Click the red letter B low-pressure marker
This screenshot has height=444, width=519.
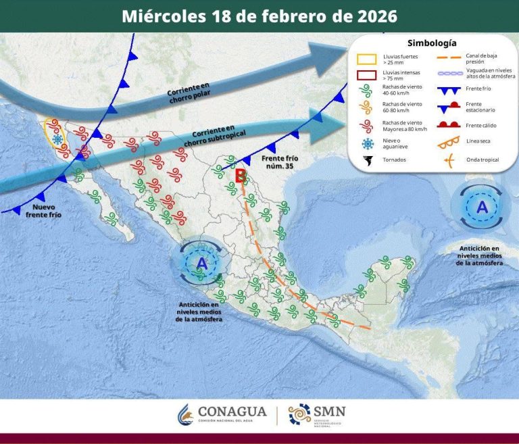pos(239,176)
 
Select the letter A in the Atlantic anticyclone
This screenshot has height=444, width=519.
pos(482,207)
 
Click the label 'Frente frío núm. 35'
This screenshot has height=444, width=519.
pos(279,162)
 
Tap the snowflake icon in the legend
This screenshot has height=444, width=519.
pos(367,143)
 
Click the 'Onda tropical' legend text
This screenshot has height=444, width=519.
pos(482,161)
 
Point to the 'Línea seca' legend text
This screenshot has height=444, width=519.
pos(478,141)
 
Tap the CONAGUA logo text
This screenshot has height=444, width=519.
pos(232,412)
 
